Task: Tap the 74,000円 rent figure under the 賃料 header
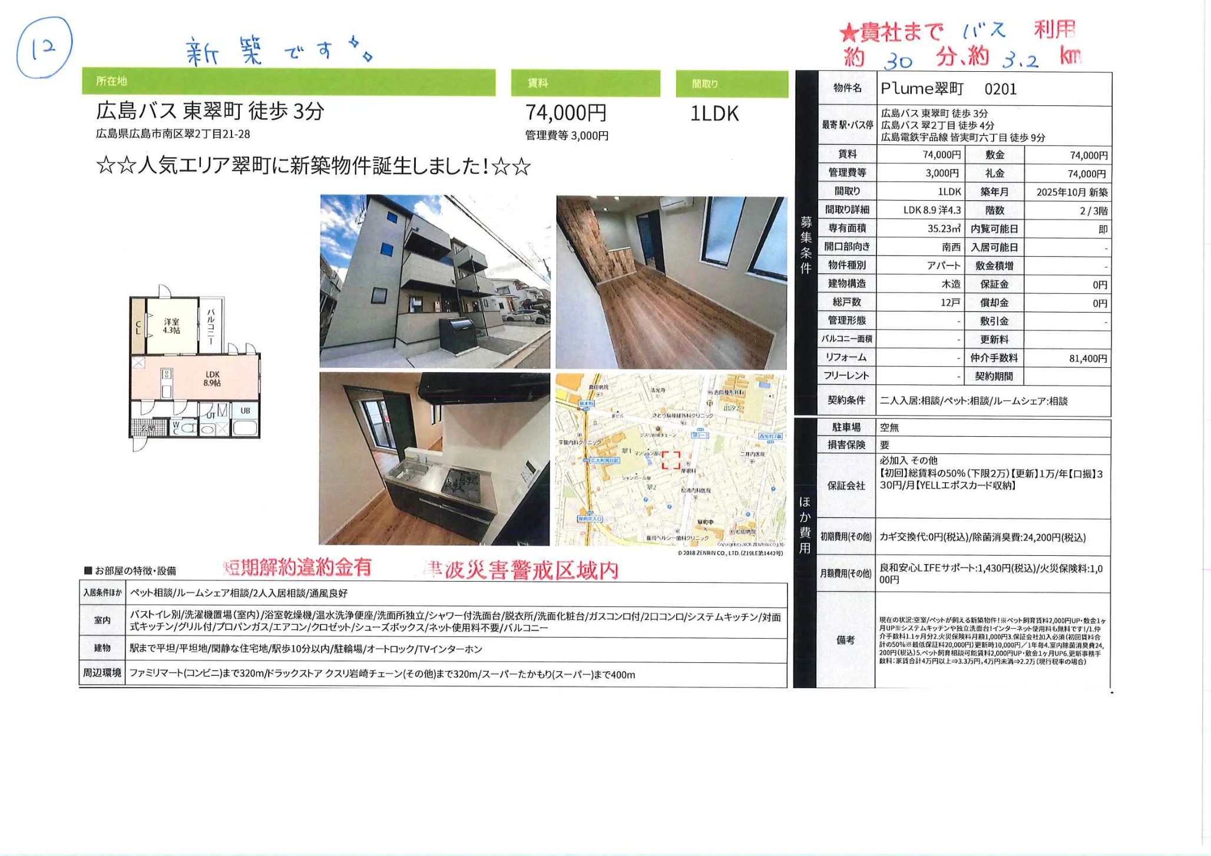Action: point(565,112)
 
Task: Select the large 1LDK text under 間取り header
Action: point(714,113)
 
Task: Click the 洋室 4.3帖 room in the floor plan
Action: point(171,326)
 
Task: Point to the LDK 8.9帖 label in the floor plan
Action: point(212,379)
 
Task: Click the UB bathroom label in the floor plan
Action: point(245,410)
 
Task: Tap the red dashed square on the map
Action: point(670,460)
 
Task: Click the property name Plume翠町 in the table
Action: point(922,89)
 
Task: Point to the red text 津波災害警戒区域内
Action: point(521,569)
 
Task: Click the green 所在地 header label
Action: point(111,81)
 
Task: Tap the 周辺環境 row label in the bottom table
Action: point(102,672)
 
